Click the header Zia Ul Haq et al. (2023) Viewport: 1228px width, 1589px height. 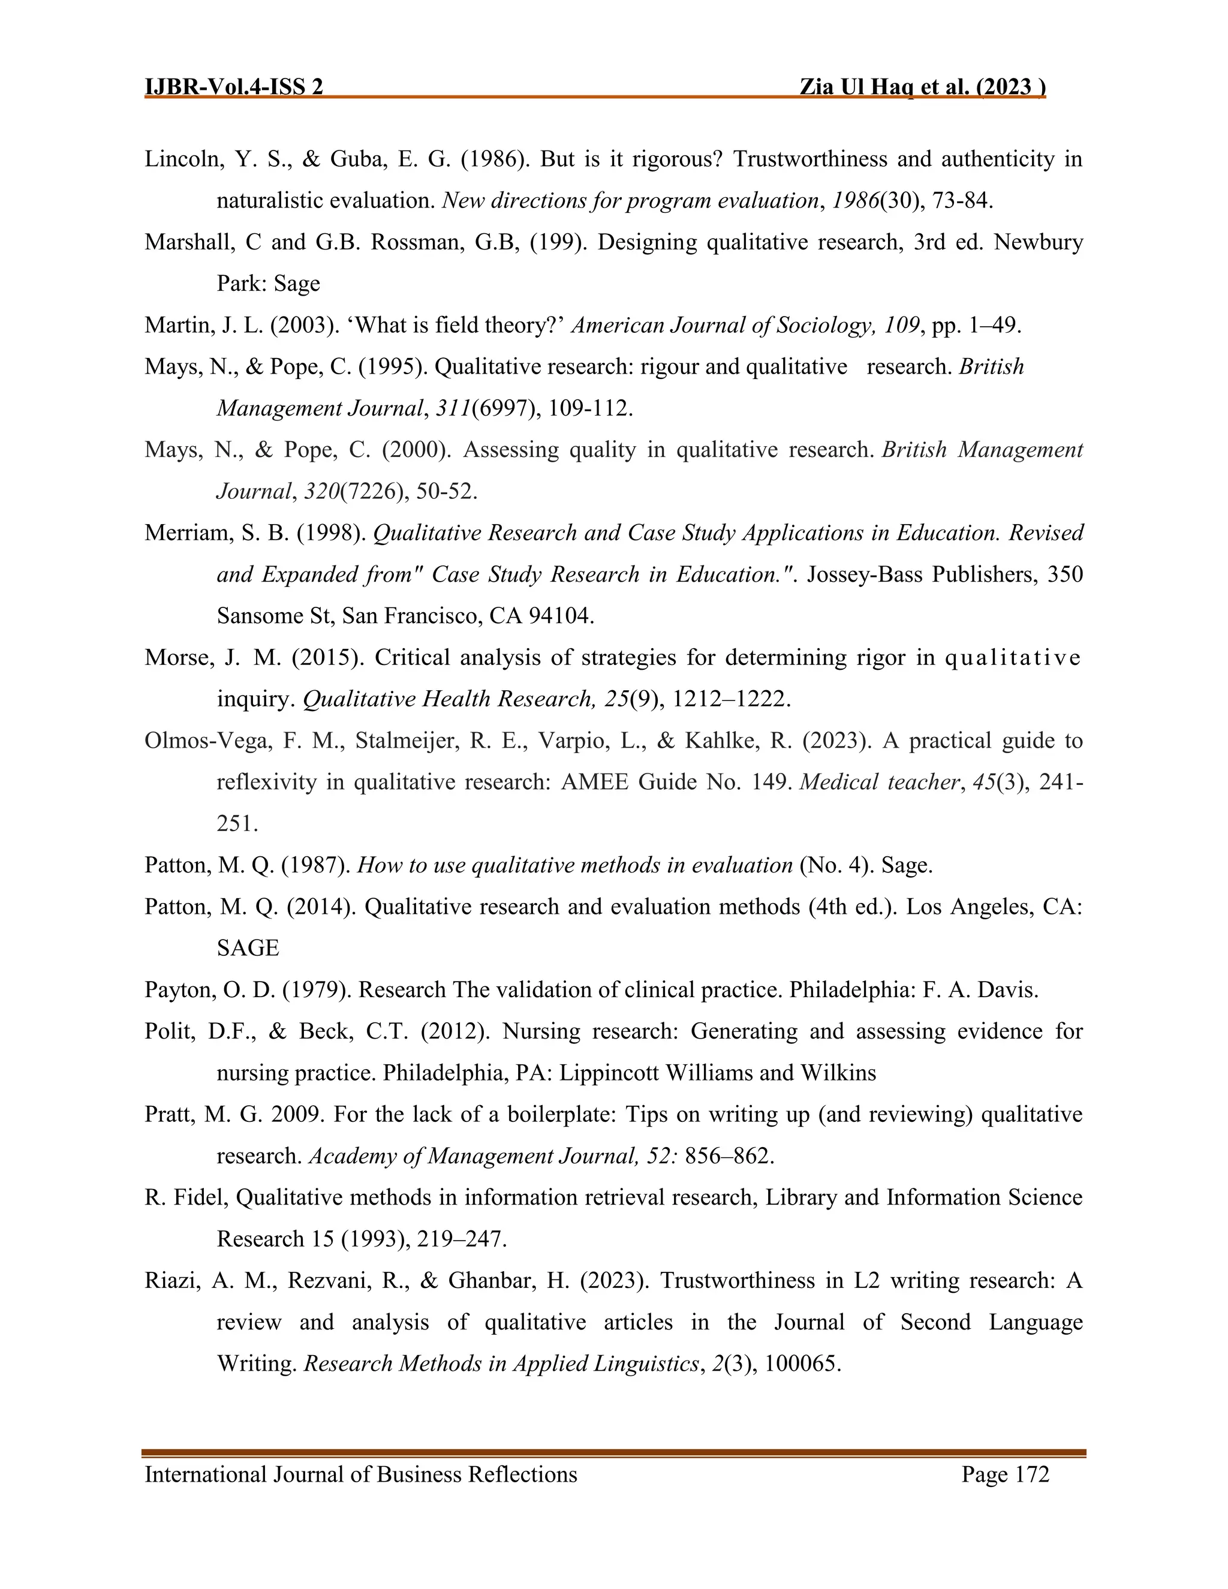(x=922, y=88)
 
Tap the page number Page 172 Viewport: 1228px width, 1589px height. (x=1005, y=1474)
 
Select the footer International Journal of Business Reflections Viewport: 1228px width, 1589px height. (x=361, y=1474)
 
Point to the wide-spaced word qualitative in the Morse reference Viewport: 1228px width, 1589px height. (x=1012, y=658)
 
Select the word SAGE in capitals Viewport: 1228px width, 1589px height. (x=248, y=948)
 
